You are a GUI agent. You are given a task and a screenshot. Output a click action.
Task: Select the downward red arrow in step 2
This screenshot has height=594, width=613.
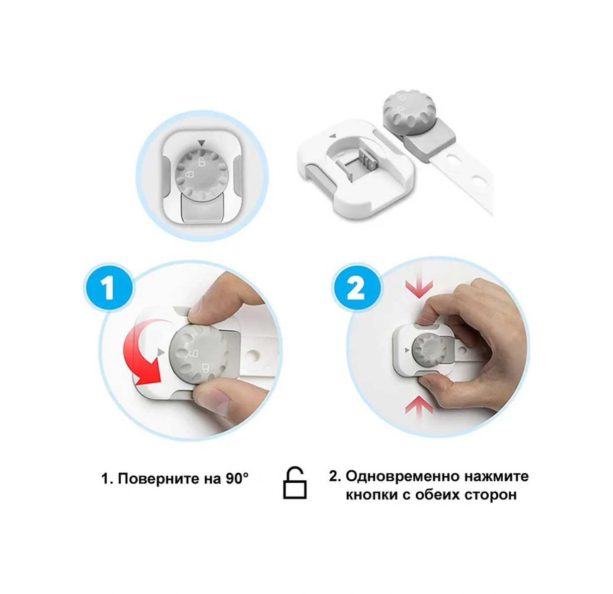coord(419,286)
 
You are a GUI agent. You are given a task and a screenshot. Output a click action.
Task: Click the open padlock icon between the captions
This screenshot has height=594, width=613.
coord(295,483)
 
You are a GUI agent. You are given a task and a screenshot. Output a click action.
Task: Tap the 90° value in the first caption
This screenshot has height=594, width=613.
coord(237,478)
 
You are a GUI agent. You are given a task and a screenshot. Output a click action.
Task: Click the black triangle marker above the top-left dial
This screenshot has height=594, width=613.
coord(202,144)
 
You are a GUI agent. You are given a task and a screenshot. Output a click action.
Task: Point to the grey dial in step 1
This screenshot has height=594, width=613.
coord(198,354)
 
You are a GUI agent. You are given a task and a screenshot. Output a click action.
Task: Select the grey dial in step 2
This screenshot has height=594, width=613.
coord(429,351)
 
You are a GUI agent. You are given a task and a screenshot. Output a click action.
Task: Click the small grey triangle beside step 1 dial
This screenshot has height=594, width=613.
coord(161,352)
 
